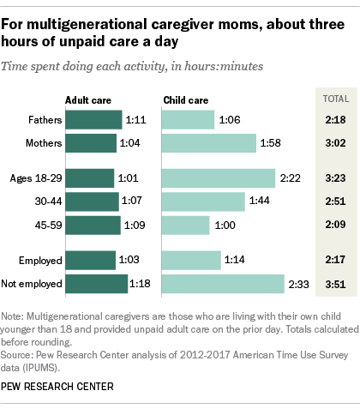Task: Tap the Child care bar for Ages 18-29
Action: pyautogui.click(x=219, y=177)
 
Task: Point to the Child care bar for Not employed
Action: pyautogui.click(x=223, y=283)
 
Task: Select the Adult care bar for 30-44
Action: pyautogui.click(x=92, y=201)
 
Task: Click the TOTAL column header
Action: pyautogui.click(x=330, y=99)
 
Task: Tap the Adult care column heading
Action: pyautogui.click(x=88, y=99)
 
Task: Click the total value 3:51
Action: pyautogui.click(x=330, y=283)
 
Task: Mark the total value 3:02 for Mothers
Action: pyautogui.click(x=330, y=143)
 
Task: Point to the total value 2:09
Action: pyautogui.click(x=330, y=225)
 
